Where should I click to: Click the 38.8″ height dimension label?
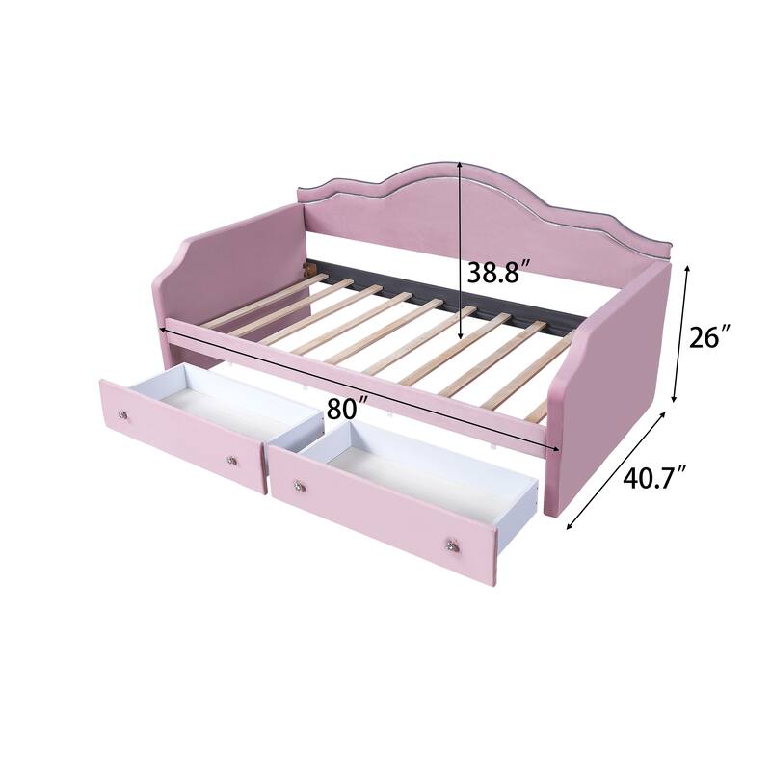pos(500,273)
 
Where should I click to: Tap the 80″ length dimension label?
pos(346,408)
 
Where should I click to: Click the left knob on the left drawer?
pos(123,414)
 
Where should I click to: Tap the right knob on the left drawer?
pos(232,460)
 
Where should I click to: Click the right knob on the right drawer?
pos(451,546)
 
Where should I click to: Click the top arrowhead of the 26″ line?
pos(685,269)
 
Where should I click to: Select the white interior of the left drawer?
pos(231,410)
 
